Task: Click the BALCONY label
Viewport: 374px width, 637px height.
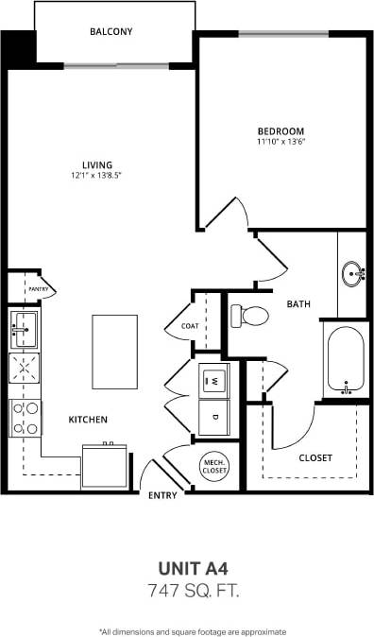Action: click(x=111, y=32)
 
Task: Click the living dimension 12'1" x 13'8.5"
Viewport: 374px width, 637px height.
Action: click(x=96, y=176)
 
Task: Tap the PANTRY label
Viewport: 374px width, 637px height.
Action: click(x=38, y=288)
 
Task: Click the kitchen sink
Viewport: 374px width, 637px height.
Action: click(x=23, y=330)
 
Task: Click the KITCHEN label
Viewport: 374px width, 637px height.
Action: click(x=87, y=419)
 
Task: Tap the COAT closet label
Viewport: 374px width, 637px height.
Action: click(x=190, y=327)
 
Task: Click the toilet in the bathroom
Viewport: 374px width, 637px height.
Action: click(x=248, y=315)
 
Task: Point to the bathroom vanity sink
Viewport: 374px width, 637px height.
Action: click(x=354, y=275)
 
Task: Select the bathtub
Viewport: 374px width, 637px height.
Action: click(x=346, y=362)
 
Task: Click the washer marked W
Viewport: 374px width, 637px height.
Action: click(x=213, y=380)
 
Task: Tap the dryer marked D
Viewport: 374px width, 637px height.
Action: click(x=213, y=416)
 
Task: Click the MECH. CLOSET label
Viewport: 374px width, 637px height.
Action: click(x=212, y=463)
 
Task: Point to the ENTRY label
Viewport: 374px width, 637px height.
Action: click(x=162, y=495)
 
